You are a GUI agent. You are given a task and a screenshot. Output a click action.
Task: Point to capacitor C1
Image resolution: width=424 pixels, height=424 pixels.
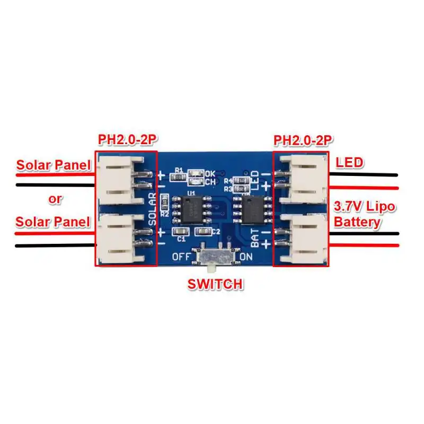click(181, 232)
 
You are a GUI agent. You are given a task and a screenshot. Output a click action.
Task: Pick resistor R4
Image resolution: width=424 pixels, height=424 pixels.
click(242, 180)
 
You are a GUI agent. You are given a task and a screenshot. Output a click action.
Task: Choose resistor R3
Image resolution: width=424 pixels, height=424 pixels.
click(242, 188)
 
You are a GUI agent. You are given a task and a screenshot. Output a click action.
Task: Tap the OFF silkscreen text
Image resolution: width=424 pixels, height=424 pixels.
click(182, 257)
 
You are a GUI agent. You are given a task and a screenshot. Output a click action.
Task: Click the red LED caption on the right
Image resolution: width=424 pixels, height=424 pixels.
click(350, 162)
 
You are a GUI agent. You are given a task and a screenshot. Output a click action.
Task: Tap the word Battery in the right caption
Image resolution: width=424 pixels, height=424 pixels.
click(357, 221)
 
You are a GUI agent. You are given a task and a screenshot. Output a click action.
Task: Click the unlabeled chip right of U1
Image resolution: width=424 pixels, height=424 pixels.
click(251, 208)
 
